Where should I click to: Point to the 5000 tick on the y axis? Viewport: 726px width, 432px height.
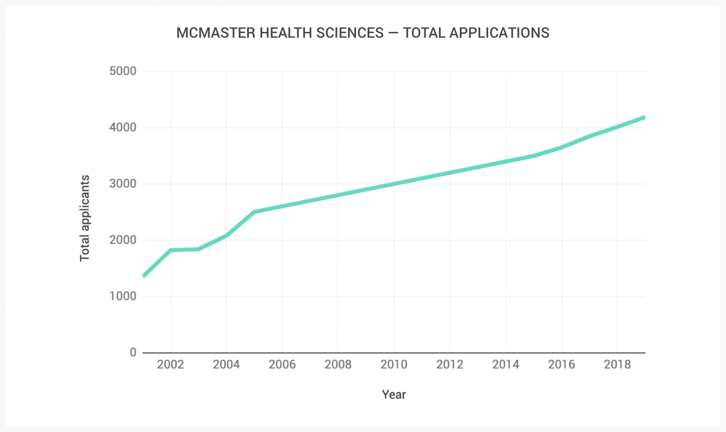click(x=122, y=71)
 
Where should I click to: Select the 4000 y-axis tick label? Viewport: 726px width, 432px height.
click(x=122, y=128)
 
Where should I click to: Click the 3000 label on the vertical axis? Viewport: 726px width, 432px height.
click(x=122, y=184)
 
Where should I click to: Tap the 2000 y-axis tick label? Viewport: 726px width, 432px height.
click(x=122, y=240)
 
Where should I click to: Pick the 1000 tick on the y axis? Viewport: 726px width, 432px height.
click(x=122, y=296)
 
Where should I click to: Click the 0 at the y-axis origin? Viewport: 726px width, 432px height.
click(x=133, y=353)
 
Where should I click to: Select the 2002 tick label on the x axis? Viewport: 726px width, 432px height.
click(x=170, y=365)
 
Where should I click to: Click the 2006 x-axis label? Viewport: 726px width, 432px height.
click(x=282, y=365)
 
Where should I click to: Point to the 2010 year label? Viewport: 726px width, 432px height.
click(x=394, y=365)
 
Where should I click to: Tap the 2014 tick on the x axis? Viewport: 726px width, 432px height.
click(x=506, y=365)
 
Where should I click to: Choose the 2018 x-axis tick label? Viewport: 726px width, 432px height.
click(x=617, y=365)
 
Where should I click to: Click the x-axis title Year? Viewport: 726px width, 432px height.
click(x=394, y=395)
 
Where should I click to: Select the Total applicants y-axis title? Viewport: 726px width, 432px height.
click(x=85, y=217)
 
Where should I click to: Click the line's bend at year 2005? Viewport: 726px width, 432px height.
click(x=255, y=212)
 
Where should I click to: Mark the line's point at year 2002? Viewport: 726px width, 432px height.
click(x=170, y=250)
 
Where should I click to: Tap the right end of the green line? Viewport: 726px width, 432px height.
click(x=644, y=117)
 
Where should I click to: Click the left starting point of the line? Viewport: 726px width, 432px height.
click(x=144, y=275)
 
